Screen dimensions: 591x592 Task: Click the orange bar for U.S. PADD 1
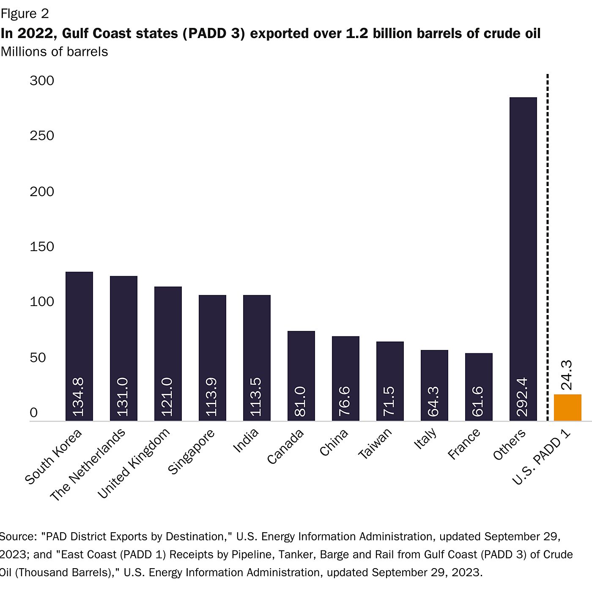tap(567, 408)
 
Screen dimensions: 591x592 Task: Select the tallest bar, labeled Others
tap(523, 254)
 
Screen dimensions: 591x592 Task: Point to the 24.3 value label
tap(567, 375)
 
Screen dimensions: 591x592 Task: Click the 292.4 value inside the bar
tap(523, 397)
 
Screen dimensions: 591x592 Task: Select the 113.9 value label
tap(212, 397)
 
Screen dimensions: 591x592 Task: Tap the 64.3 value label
tap(434, 401)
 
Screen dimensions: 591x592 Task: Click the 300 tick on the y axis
tap(42, 80)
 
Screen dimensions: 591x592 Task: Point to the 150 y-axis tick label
tap(42, 246)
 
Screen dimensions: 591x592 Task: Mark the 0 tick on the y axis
tap(34, 413)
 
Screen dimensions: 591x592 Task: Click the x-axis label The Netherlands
tap(88, 465)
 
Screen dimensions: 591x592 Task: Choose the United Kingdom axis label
tap(134, 463)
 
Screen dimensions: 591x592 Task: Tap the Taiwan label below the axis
tap(375, 443)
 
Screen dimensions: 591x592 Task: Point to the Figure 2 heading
tap(25, 14)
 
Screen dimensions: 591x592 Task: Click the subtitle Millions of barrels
tap(54, 52)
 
